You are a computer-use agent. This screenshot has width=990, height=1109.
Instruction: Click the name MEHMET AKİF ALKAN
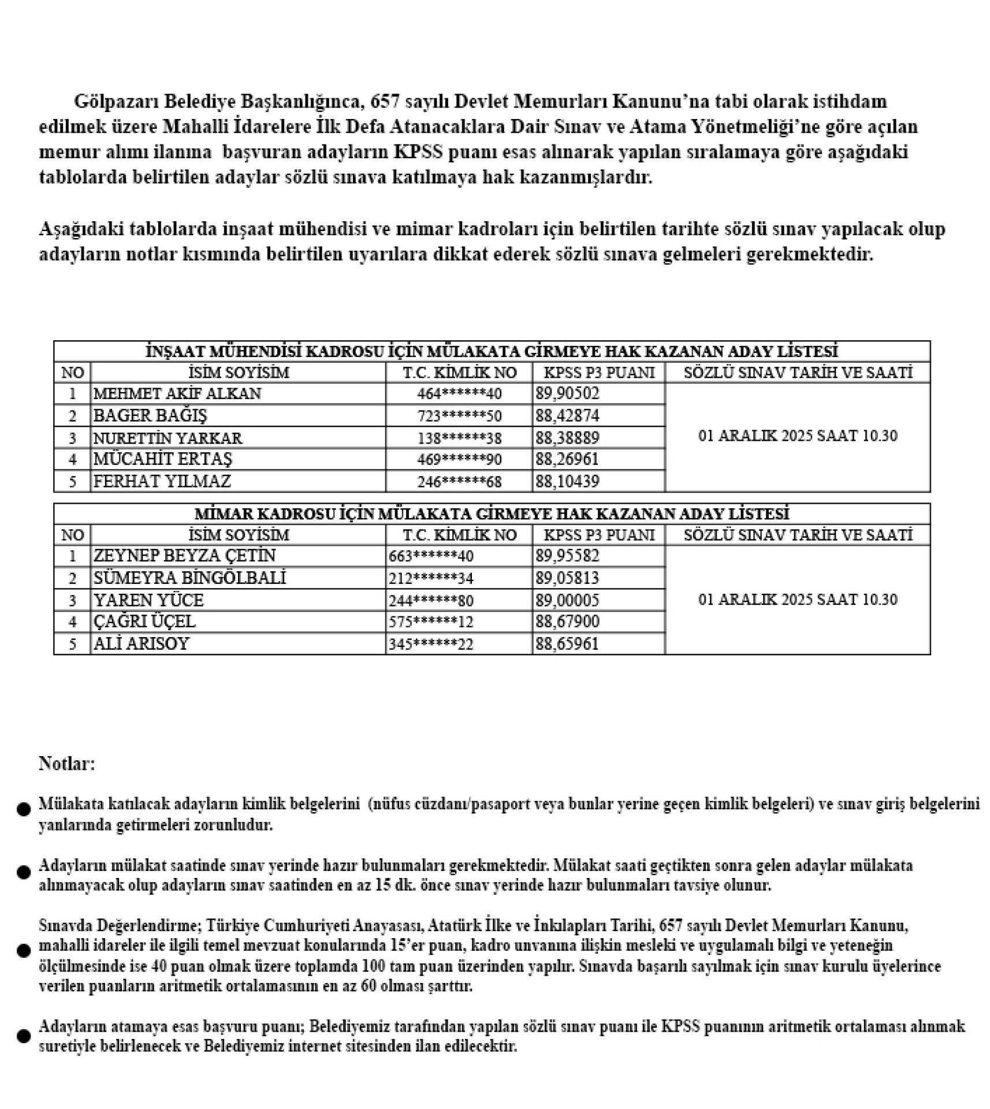tap(177, 394)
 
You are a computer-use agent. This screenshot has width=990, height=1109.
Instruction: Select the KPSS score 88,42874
tap(567, 416)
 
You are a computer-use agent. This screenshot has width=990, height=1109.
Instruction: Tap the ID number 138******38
tap(459, 438)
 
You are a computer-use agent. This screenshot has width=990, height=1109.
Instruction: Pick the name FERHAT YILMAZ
tap(162, 481)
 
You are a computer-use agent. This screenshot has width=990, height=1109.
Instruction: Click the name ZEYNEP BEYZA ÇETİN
tap(184, 556)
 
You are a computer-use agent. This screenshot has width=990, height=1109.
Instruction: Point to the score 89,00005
tap(567, 600)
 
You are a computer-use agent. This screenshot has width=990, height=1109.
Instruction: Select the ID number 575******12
tap(431, 622)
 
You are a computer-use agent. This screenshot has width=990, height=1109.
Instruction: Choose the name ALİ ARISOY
tap(141, 644)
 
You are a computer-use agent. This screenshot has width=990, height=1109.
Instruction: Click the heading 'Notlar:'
tap(66, 764)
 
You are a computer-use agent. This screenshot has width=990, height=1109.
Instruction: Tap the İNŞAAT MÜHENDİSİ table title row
tap(492, 351)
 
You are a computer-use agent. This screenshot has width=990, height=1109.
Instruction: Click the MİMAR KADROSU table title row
tap(492, 513)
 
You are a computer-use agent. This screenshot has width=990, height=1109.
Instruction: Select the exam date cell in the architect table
tap(798, 600)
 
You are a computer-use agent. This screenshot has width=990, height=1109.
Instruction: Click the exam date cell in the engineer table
tap(798, 436)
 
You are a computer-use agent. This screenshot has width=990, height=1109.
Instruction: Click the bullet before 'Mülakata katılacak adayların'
tap(24, 809)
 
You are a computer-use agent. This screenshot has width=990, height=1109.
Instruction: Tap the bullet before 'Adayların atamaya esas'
tap(24, 1036)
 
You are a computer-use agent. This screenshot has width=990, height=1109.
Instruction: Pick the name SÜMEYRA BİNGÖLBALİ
tap(189, 578)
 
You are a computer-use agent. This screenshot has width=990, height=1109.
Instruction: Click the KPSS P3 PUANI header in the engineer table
tap(599, 373)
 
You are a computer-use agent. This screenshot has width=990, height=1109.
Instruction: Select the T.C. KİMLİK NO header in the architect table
tap(459, 535)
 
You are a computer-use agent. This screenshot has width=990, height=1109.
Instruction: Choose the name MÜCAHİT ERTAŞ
tap(162, 460)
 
